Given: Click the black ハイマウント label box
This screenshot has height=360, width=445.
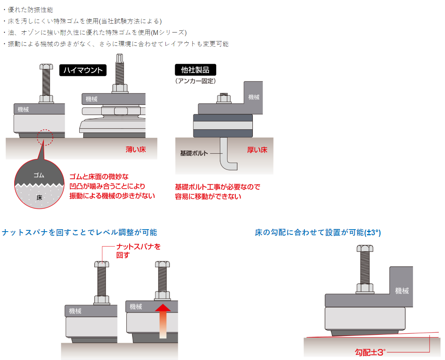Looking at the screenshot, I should (x=83, y=70).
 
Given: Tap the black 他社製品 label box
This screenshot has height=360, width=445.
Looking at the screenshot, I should (x=195, y=70).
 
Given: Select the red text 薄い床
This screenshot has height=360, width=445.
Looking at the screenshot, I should (x=136, y=150).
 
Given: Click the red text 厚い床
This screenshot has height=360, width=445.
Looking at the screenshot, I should (x=257, y=150).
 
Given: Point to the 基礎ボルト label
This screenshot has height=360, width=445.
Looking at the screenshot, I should (x=194, y=153).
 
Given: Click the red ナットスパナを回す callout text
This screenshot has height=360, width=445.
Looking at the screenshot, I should (x=138, y=251).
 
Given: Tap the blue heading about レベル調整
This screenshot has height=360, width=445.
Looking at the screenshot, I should (x=79, y=232).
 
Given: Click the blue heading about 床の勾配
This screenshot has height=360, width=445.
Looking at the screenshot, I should (x=318, y=232).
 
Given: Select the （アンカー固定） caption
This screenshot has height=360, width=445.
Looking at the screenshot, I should (x=195, y=81).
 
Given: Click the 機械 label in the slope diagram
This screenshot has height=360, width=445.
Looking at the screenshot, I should (x=402, y=291).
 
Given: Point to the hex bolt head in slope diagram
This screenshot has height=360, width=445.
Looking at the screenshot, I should (x=365, y=249).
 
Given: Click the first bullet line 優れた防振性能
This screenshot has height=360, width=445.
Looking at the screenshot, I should (x=30, y=10).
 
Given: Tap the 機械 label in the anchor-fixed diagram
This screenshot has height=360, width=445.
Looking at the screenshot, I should (x=254, y=97).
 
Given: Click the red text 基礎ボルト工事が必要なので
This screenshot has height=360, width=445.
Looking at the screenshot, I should (x=217, y=187).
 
